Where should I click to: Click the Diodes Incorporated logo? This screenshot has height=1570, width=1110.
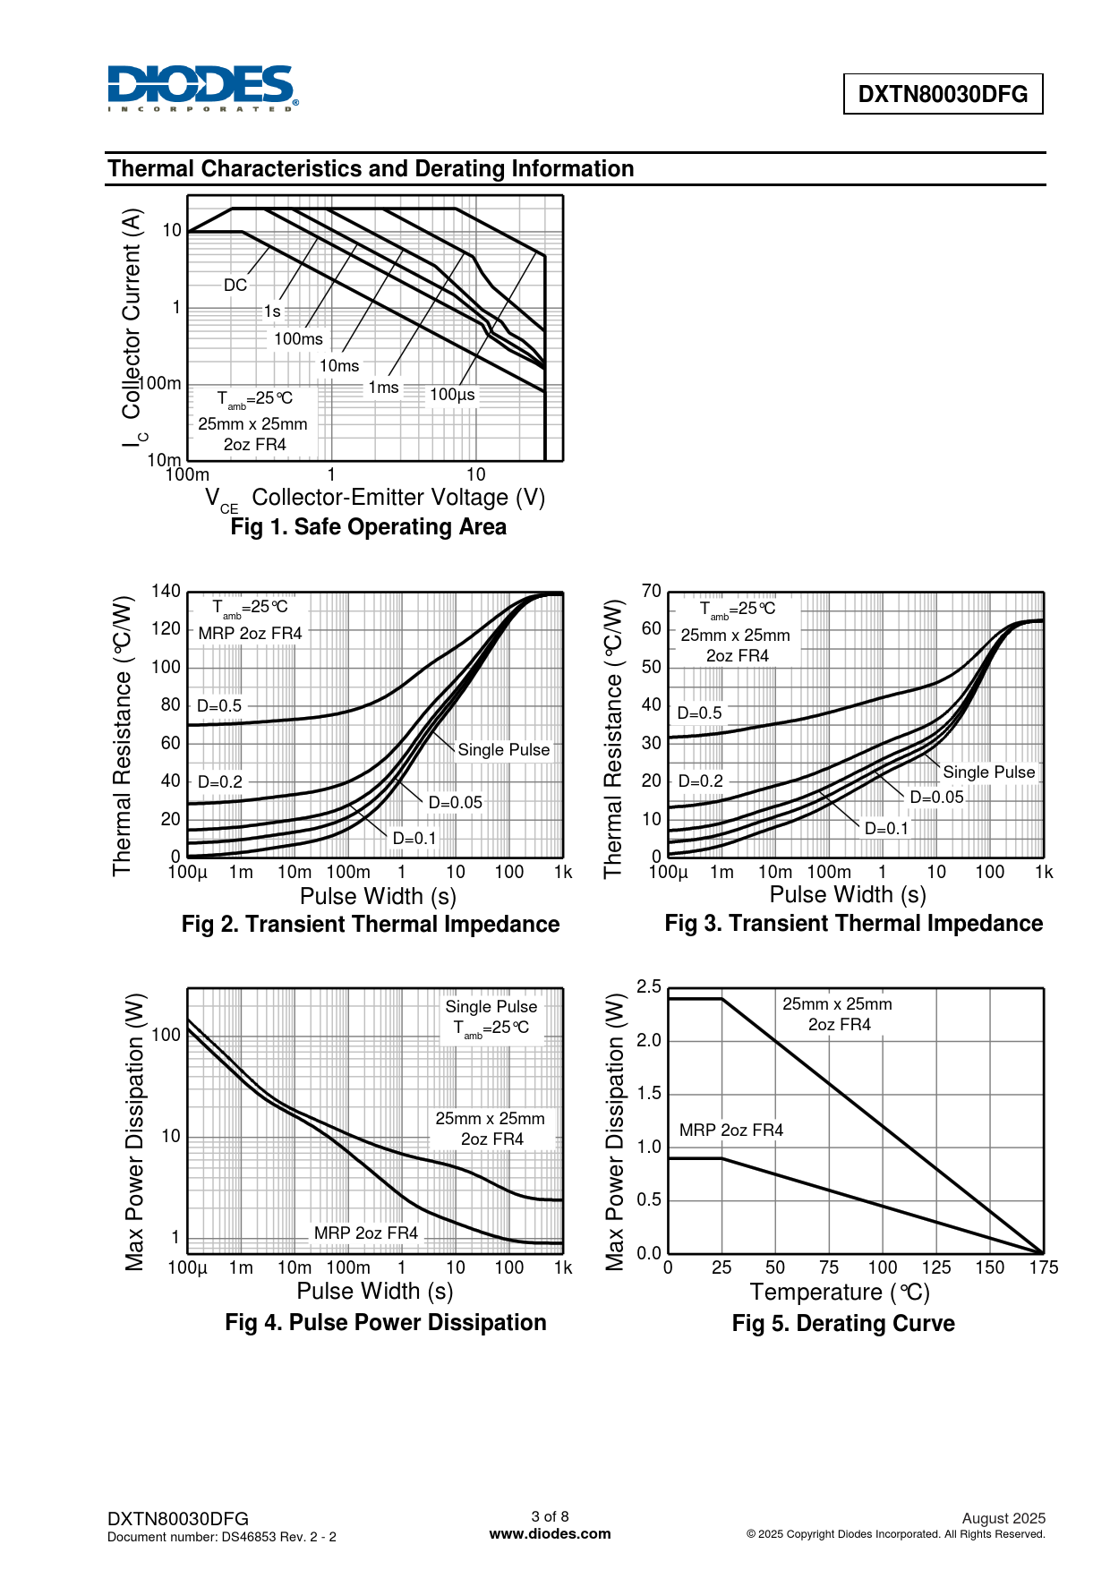click(x=202, y=88)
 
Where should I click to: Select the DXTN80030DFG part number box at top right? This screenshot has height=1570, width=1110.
click(x=943, y=94)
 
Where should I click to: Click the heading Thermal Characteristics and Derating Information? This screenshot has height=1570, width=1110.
click(x=371, y=169)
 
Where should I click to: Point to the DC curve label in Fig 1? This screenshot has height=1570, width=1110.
click(x=235, y=286)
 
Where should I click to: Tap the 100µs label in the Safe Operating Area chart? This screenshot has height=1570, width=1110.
click(x=452, y=395)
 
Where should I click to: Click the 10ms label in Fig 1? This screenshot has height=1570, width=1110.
click(x=339, y=366)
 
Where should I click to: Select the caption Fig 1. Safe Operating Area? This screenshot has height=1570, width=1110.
click(x=368, y=527)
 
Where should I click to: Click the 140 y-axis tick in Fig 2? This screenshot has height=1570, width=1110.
click(x=166, y=591)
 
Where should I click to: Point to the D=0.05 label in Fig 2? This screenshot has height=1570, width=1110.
click(x=455, y=803)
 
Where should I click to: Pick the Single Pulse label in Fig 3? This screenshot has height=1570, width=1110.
click(x=988, y=772)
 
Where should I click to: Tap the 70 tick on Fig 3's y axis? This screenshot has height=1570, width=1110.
click(x=652, y=591)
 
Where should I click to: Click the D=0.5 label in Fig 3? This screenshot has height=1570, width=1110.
click(x=699, y=713)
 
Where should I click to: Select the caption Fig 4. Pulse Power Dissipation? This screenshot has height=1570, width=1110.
click(x=385, y=1323)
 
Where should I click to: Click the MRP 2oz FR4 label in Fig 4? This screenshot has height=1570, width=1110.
click(x=365, y=1233)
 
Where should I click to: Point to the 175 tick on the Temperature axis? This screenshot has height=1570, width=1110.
click(x=1044, y=1267)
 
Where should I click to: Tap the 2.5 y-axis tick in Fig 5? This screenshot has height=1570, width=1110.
click(x=649, y=986)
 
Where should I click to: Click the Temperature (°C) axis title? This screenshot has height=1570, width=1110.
click(x=840, y=1293)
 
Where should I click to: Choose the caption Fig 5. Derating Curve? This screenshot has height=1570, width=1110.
click(x=842, y=1324)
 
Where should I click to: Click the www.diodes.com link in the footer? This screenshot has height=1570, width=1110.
click(x=550, y=1533)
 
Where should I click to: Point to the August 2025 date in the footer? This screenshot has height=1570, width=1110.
click(x=1003, y=1518)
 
